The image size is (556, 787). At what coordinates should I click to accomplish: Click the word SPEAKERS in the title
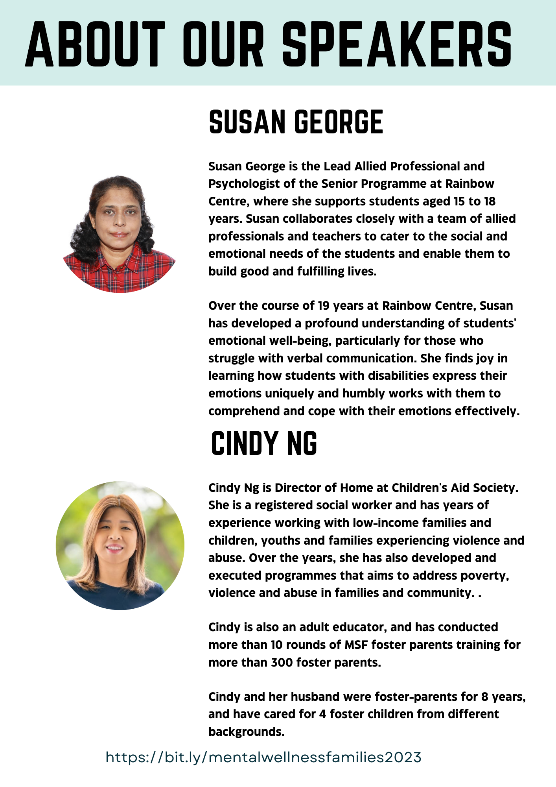pos(397,44)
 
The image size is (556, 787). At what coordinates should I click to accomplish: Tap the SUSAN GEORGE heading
pos(296,122)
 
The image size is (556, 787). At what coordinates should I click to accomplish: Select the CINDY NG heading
pos(264,443)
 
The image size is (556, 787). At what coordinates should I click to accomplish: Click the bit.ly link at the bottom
pos(263,757)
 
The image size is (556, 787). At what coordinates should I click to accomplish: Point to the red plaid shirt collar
pos(118,262)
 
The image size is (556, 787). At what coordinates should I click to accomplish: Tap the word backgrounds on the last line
pos(246,732)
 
